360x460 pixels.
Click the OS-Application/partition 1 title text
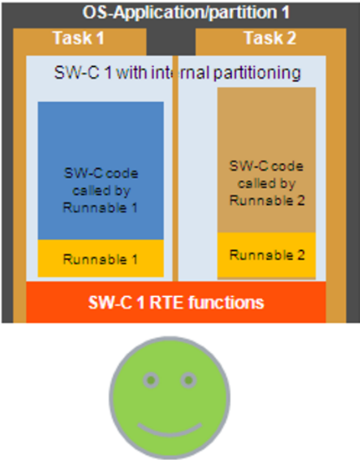(x=186, y=13)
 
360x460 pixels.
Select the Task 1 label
(x=79, y=38)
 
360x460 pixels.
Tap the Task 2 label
(x=270, y=38)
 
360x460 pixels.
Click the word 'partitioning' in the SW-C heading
(x=257, y=73)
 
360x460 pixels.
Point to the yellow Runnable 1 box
(x=100, y=258)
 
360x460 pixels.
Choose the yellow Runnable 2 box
(x=266, y=254)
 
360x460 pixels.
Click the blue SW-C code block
(x=100, y=171)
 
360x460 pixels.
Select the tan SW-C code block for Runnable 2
(x=266, y=160)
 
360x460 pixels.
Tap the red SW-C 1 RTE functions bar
(x=176, y=302)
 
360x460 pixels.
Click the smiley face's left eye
(x=151, y=381)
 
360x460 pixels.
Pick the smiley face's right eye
(x=188, y=381)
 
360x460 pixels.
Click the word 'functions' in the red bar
(x=226, y=303)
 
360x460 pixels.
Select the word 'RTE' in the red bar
(x=167, y=303)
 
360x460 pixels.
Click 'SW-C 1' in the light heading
(x=83, y=73)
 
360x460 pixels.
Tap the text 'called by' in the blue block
(x=101, y=191)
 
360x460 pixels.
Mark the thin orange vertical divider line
(x=175, y=168)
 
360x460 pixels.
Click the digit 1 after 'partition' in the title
(x=285, y=13)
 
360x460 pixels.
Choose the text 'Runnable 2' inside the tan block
(x=267, y=201)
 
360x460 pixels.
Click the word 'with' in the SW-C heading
(x=131, y=73)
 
